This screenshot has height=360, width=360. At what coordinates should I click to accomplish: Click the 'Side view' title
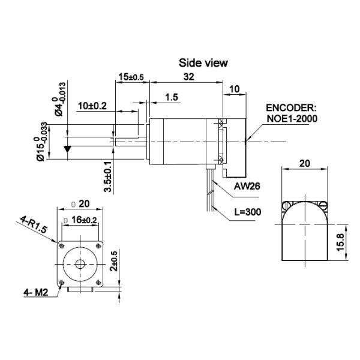(x=203, y=62)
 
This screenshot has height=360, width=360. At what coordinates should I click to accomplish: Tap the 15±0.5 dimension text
(x=131, y=77)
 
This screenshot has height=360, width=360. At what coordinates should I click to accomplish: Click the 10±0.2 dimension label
(x=92, y=106)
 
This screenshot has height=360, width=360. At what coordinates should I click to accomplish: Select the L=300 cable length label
(x=248, y=212)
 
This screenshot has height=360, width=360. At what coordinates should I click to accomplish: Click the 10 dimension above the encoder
(x=235, y=88)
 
